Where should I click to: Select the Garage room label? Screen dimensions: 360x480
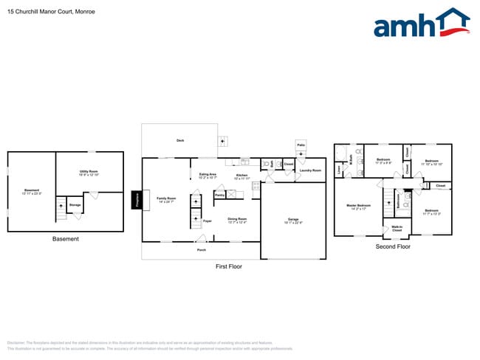tap(293, 220)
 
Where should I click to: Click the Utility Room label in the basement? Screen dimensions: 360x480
tap(89, 173)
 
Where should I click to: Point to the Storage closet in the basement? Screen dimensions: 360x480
tap(75, 205)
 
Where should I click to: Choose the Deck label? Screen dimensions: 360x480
tap(179, 140)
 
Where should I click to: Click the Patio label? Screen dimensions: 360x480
tap(301, 145)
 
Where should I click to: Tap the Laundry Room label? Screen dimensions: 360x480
tap(310, 170)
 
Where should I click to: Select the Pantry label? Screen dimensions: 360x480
tap(219, 195)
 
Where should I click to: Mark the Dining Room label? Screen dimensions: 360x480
tap(237, 219)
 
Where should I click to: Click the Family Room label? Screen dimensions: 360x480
tap(166, 198)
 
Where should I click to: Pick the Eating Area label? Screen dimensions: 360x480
tap(208, 176)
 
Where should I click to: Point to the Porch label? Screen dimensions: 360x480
tap(201, 249)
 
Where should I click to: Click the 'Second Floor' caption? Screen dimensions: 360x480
tap(392, 246)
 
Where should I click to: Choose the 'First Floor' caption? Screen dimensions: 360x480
tap(228, 266)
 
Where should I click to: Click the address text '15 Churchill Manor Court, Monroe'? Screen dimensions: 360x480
tap(46, 12)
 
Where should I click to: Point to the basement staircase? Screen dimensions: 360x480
tap(61, 210)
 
